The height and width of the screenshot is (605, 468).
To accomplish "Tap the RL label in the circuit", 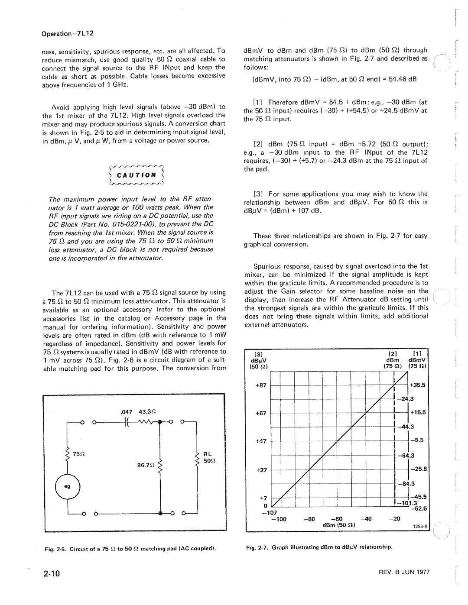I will click(x=207, y=454).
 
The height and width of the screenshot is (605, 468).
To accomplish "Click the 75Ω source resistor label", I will click(x=78, y=454).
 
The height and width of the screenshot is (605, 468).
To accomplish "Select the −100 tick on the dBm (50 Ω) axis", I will click(x=281, y=519).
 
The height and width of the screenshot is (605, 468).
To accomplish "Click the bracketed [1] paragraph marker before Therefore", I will click(x=257, y=102).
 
